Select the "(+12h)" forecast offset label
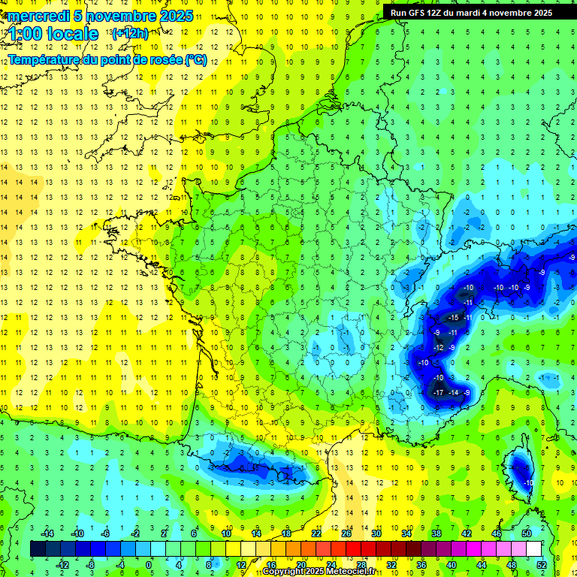tap(130, 33)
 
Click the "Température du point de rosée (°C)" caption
tap(107, 59)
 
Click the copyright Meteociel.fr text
tap(319, 572)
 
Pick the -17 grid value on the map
tap(438, 393)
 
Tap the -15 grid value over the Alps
tap(452, 319)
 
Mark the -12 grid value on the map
tap(438, 348)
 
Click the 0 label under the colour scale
tap(149, 565)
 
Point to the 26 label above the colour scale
tap(346, 533)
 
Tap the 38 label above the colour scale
tap(437, 533)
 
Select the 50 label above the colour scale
tap(527, 533)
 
